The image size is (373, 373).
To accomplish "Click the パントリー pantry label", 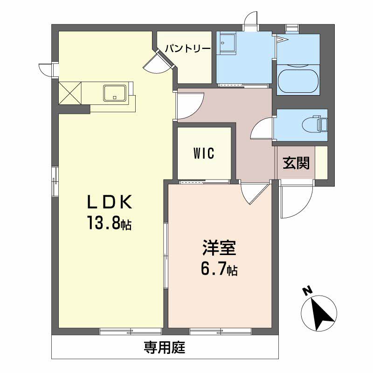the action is (x=188, y=49).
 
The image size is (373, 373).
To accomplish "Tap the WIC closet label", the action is (x=204, y=153).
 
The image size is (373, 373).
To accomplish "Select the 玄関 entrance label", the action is (x=296, y=163).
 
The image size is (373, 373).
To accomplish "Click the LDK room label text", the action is (x=110, y=202).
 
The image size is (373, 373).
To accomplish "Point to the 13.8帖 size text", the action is (x=110, y=223).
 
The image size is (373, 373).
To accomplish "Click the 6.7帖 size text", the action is (x=219, y=269).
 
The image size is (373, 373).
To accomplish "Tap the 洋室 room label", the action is (x=219, y=248).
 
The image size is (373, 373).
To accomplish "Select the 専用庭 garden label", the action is (x=165, y=347).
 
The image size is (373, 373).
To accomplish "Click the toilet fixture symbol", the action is (x=314, y=124).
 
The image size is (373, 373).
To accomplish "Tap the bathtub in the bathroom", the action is (x=298, y=81).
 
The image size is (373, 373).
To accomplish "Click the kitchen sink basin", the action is (x=115, y=93).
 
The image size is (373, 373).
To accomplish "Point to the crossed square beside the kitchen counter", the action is (x=70, y=93).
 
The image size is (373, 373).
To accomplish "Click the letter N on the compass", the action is (x=307, y=291).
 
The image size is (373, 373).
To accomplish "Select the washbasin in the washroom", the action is (x=227, y=43).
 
